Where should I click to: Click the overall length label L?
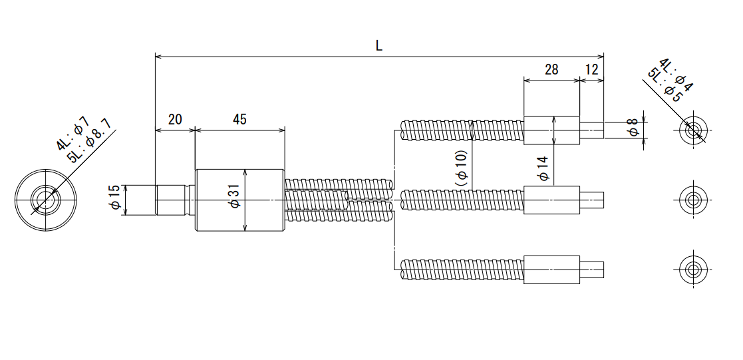379,45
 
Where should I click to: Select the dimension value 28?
551,70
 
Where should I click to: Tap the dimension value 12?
592,70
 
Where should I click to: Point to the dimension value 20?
175,119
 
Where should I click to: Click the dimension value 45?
239,119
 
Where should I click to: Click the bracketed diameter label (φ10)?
462,168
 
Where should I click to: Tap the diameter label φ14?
543,168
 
